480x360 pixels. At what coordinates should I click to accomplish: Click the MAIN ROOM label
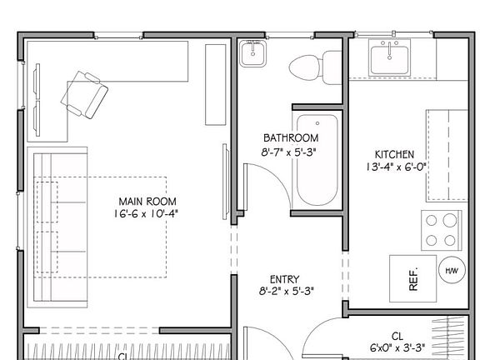[x=147, y=202]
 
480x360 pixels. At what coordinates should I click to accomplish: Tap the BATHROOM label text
[x=291, y=137]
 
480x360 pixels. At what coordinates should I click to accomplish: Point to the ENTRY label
[x=285, y=279]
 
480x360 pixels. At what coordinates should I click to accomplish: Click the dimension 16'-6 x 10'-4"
[x=147, y=214]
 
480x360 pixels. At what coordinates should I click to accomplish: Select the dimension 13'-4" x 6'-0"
[x=395, y=167]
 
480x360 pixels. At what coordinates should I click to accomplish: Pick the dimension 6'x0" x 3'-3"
[x=397, y=347]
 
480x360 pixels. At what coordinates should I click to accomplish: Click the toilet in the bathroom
[x=316, y=67]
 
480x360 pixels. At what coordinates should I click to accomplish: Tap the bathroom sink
[x=252, y=54]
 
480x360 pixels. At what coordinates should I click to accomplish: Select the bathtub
[x=317, y=160]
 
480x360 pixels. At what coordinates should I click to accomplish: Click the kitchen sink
[x=390, y=57]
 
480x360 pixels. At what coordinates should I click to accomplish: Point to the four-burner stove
[x=442, y=231]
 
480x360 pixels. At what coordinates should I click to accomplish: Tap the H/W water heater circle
[x=451, y=271]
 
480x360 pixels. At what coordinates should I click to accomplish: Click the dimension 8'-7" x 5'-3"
[x=291, y=151]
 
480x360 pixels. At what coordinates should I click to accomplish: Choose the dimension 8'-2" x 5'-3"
[x=285, y=292]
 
